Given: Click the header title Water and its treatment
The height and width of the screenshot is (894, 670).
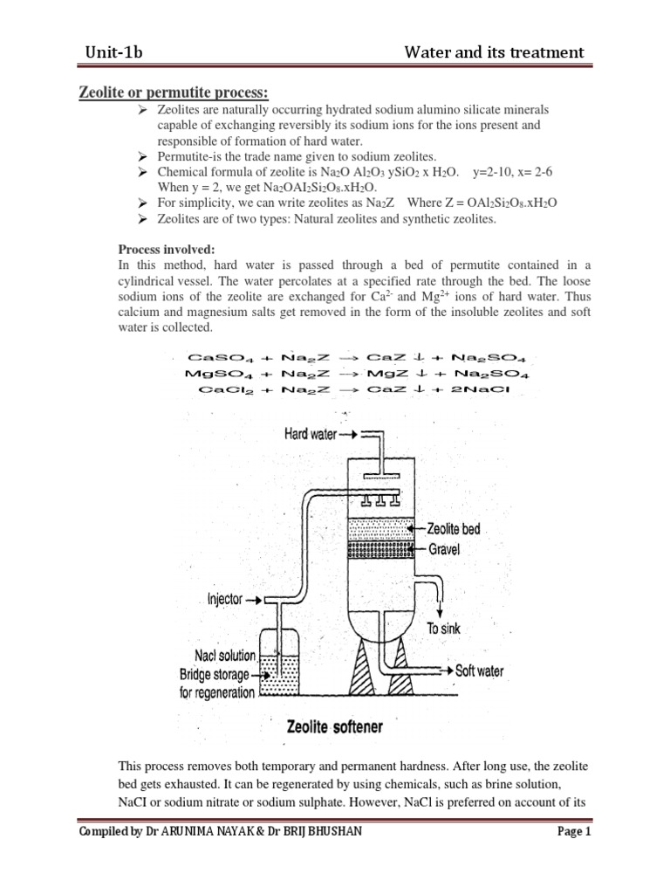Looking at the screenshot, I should (494, 52).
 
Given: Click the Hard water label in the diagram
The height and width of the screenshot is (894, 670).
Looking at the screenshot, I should (310, 434).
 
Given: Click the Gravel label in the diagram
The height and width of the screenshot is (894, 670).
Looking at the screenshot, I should (447, 549).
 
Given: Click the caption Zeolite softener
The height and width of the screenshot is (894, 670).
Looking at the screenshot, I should (334, 726).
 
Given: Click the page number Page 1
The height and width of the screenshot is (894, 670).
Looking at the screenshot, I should (574, 831).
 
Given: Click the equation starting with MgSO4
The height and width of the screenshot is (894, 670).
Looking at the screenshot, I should (358, 374).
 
